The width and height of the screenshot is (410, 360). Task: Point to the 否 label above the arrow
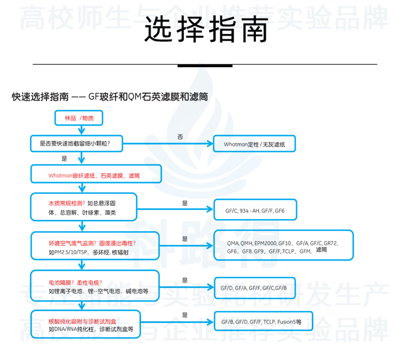180,135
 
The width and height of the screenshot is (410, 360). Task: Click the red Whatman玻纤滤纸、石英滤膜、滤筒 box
96,175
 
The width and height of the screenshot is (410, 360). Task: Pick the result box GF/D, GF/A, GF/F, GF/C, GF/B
254,287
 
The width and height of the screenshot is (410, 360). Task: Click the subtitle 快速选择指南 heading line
110,97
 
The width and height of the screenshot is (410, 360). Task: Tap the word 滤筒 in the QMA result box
321,250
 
